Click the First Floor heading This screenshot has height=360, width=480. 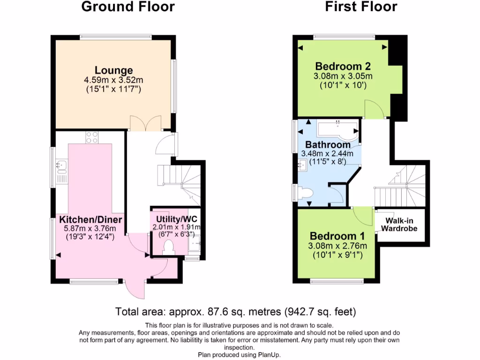(x=360, y=7)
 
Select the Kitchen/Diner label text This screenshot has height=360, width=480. (x=90, y=220)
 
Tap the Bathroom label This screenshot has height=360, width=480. (x=328, y=145)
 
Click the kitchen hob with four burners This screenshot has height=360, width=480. (x=92, y=138)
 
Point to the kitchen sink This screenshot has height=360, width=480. (x=61, y=165)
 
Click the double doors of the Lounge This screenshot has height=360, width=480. (x=146, y=123)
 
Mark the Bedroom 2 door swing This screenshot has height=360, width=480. (x=375, y=109)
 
